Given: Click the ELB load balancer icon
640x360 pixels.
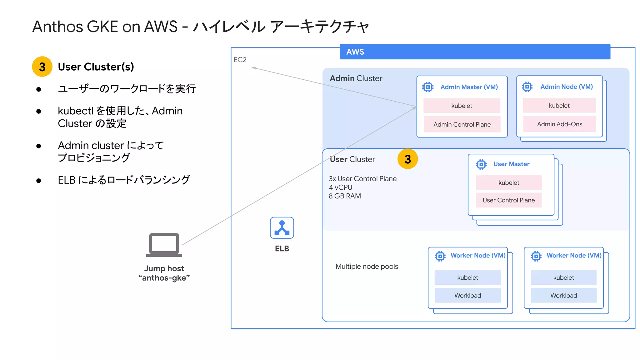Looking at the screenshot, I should tap(282, 228).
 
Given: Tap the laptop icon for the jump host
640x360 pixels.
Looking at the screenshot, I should tap(164, 245).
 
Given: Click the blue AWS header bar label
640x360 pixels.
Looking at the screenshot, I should tap(355, 52).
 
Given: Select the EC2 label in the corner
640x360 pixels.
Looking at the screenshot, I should tap(240, 60).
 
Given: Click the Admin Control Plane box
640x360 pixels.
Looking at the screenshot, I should tap(462, 124).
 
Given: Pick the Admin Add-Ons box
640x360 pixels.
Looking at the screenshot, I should tap(559, 124).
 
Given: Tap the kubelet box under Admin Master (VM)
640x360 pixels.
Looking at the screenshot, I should tap(462, 106).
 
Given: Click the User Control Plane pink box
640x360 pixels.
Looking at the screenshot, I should tap(508, 200).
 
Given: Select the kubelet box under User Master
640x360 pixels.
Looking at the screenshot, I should tap(508, 183).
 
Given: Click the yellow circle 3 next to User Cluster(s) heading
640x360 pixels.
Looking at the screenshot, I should tap(42, 67).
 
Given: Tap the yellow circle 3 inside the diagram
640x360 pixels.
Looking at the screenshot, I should tap(407, 159).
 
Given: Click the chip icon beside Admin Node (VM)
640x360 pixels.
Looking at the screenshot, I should tap(527, 87).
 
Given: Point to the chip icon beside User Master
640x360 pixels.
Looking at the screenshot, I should tap(481, 164).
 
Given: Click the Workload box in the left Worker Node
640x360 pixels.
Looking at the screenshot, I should tap(467, 296).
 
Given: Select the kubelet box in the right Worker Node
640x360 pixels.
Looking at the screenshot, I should tap(563, 277).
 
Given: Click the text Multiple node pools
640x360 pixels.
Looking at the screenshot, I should tap(367, 267).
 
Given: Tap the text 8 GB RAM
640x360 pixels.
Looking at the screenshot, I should tap(345, 196).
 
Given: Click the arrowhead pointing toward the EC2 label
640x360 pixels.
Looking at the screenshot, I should tap(254, 67).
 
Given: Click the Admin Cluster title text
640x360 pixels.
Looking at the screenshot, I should tap(356, 78).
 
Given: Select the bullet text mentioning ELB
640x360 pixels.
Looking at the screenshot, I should tap(124, 180).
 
